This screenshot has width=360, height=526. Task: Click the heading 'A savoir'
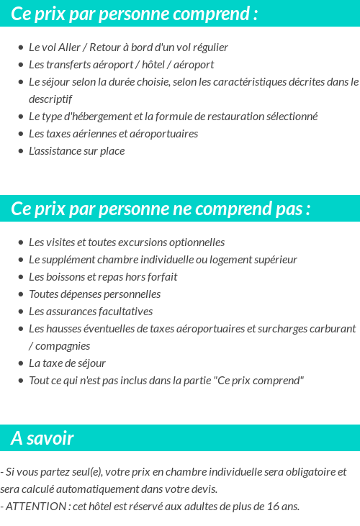pyautogui.click(x=42, y=438)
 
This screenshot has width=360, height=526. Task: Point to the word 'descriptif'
pyautogui.click(x=50, y=99)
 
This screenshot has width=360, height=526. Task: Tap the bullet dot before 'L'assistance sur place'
pyautogui.click(x=21, y=151)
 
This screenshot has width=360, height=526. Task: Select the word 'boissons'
pyautogui.click(x=63, y=277)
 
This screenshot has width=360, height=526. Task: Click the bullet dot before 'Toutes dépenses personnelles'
pyautogui.click(x=21, y=294)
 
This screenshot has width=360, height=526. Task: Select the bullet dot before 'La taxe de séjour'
pyautogui.click(x=21, y=363)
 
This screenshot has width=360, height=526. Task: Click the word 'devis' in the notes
pyautogui.click(x=202, y=489)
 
